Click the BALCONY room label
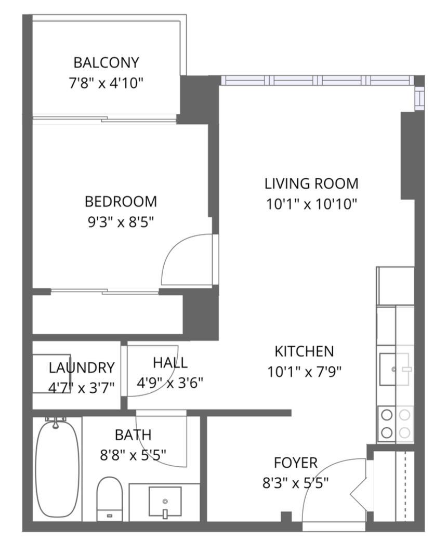(x=106, y=63)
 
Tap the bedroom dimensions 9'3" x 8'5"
(x=121, y=222)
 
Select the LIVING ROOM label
(x=311, y=183)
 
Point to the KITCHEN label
(x=304, y=351)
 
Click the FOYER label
(x=295, y=463)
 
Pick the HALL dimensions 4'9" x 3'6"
(x=169, y=383)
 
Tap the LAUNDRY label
(x=82, y=368)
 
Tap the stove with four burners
(x=395, y=424)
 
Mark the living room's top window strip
(x=317, y=81)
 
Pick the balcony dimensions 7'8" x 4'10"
(x=106, y=83)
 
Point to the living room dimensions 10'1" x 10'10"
(x=311, y=204)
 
